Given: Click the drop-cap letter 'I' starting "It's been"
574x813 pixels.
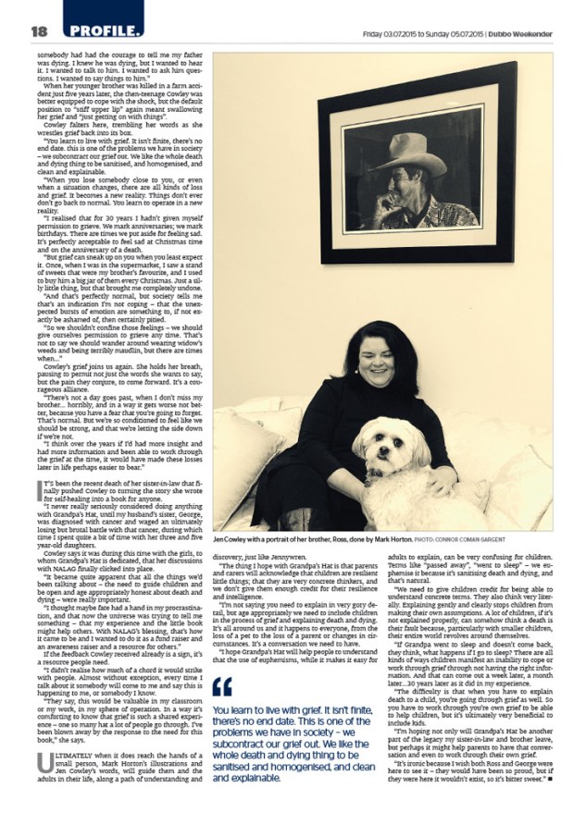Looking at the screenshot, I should pyautogui.click(x=39, y=487).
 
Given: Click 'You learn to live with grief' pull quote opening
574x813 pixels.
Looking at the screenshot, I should pyautogui.click(x=268, y=709).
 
